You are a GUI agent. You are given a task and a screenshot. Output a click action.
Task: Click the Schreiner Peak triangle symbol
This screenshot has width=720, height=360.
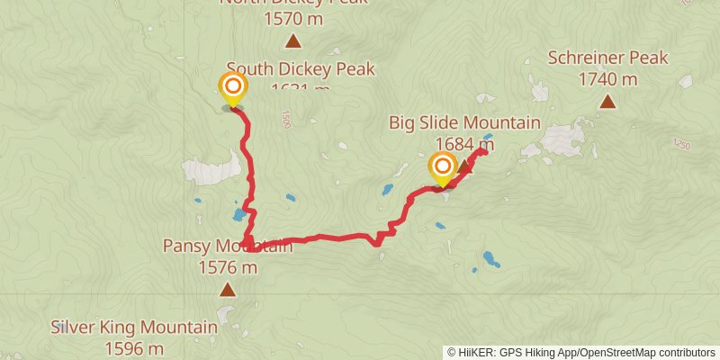608,102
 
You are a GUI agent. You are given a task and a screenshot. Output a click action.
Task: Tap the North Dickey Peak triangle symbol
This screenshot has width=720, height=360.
292,40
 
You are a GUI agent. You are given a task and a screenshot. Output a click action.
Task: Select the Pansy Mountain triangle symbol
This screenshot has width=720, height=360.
228,290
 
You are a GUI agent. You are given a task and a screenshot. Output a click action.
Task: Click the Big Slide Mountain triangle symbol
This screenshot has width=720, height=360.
464,167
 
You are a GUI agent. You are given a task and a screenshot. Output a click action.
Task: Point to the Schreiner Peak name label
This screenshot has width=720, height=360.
608,58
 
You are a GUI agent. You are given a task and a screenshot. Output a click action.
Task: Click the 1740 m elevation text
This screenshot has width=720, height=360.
608,79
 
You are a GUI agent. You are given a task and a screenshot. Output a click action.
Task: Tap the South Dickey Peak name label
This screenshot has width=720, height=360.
301,69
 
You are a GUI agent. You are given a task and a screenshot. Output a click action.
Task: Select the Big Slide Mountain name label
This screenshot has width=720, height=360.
464,123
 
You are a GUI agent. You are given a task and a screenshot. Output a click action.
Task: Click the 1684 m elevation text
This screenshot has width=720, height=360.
464,143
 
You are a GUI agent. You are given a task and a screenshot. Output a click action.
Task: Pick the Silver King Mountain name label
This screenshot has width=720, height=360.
134,328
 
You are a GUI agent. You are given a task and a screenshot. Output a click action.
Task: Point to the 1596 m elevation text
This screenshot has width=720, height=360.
134,347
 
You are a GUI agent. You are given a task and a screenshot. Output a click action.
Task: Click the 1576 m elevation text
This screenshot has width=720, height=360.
227,267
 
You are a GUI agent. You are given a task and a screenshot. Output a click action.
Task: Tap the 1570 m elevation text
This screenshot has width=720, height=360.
292,17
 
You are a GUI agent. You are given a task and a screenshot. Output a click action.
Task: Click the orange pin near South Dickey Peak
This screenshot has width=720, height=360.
232,88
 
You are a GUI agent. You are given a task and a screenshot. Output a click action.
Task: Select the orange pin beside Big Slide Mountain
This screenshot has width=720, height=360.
442,166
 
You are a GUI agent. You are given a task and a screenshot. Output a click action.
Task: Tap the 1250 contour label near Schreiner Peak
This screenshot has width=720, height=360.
681,144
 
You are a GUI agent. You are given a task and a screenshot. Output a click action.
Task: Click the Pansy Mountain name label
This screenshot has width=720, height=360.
227,246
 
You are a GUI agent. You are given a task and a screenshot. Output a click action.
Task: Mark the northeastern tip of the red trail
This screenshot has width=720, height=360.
484,150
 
